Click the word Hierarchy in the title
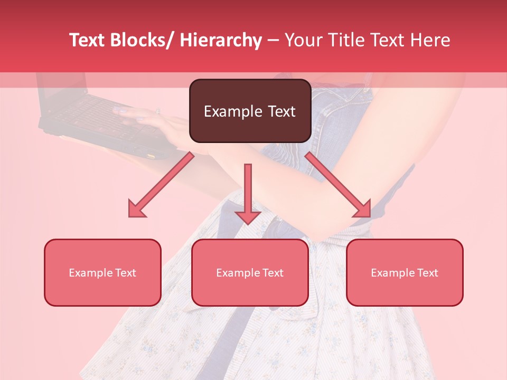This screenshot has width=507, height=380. [x=221, y=40]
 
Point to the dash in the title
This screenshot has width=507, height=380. [x=273, y=41]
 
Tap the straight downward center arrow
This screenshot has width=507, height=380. [x=248, y=195]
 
